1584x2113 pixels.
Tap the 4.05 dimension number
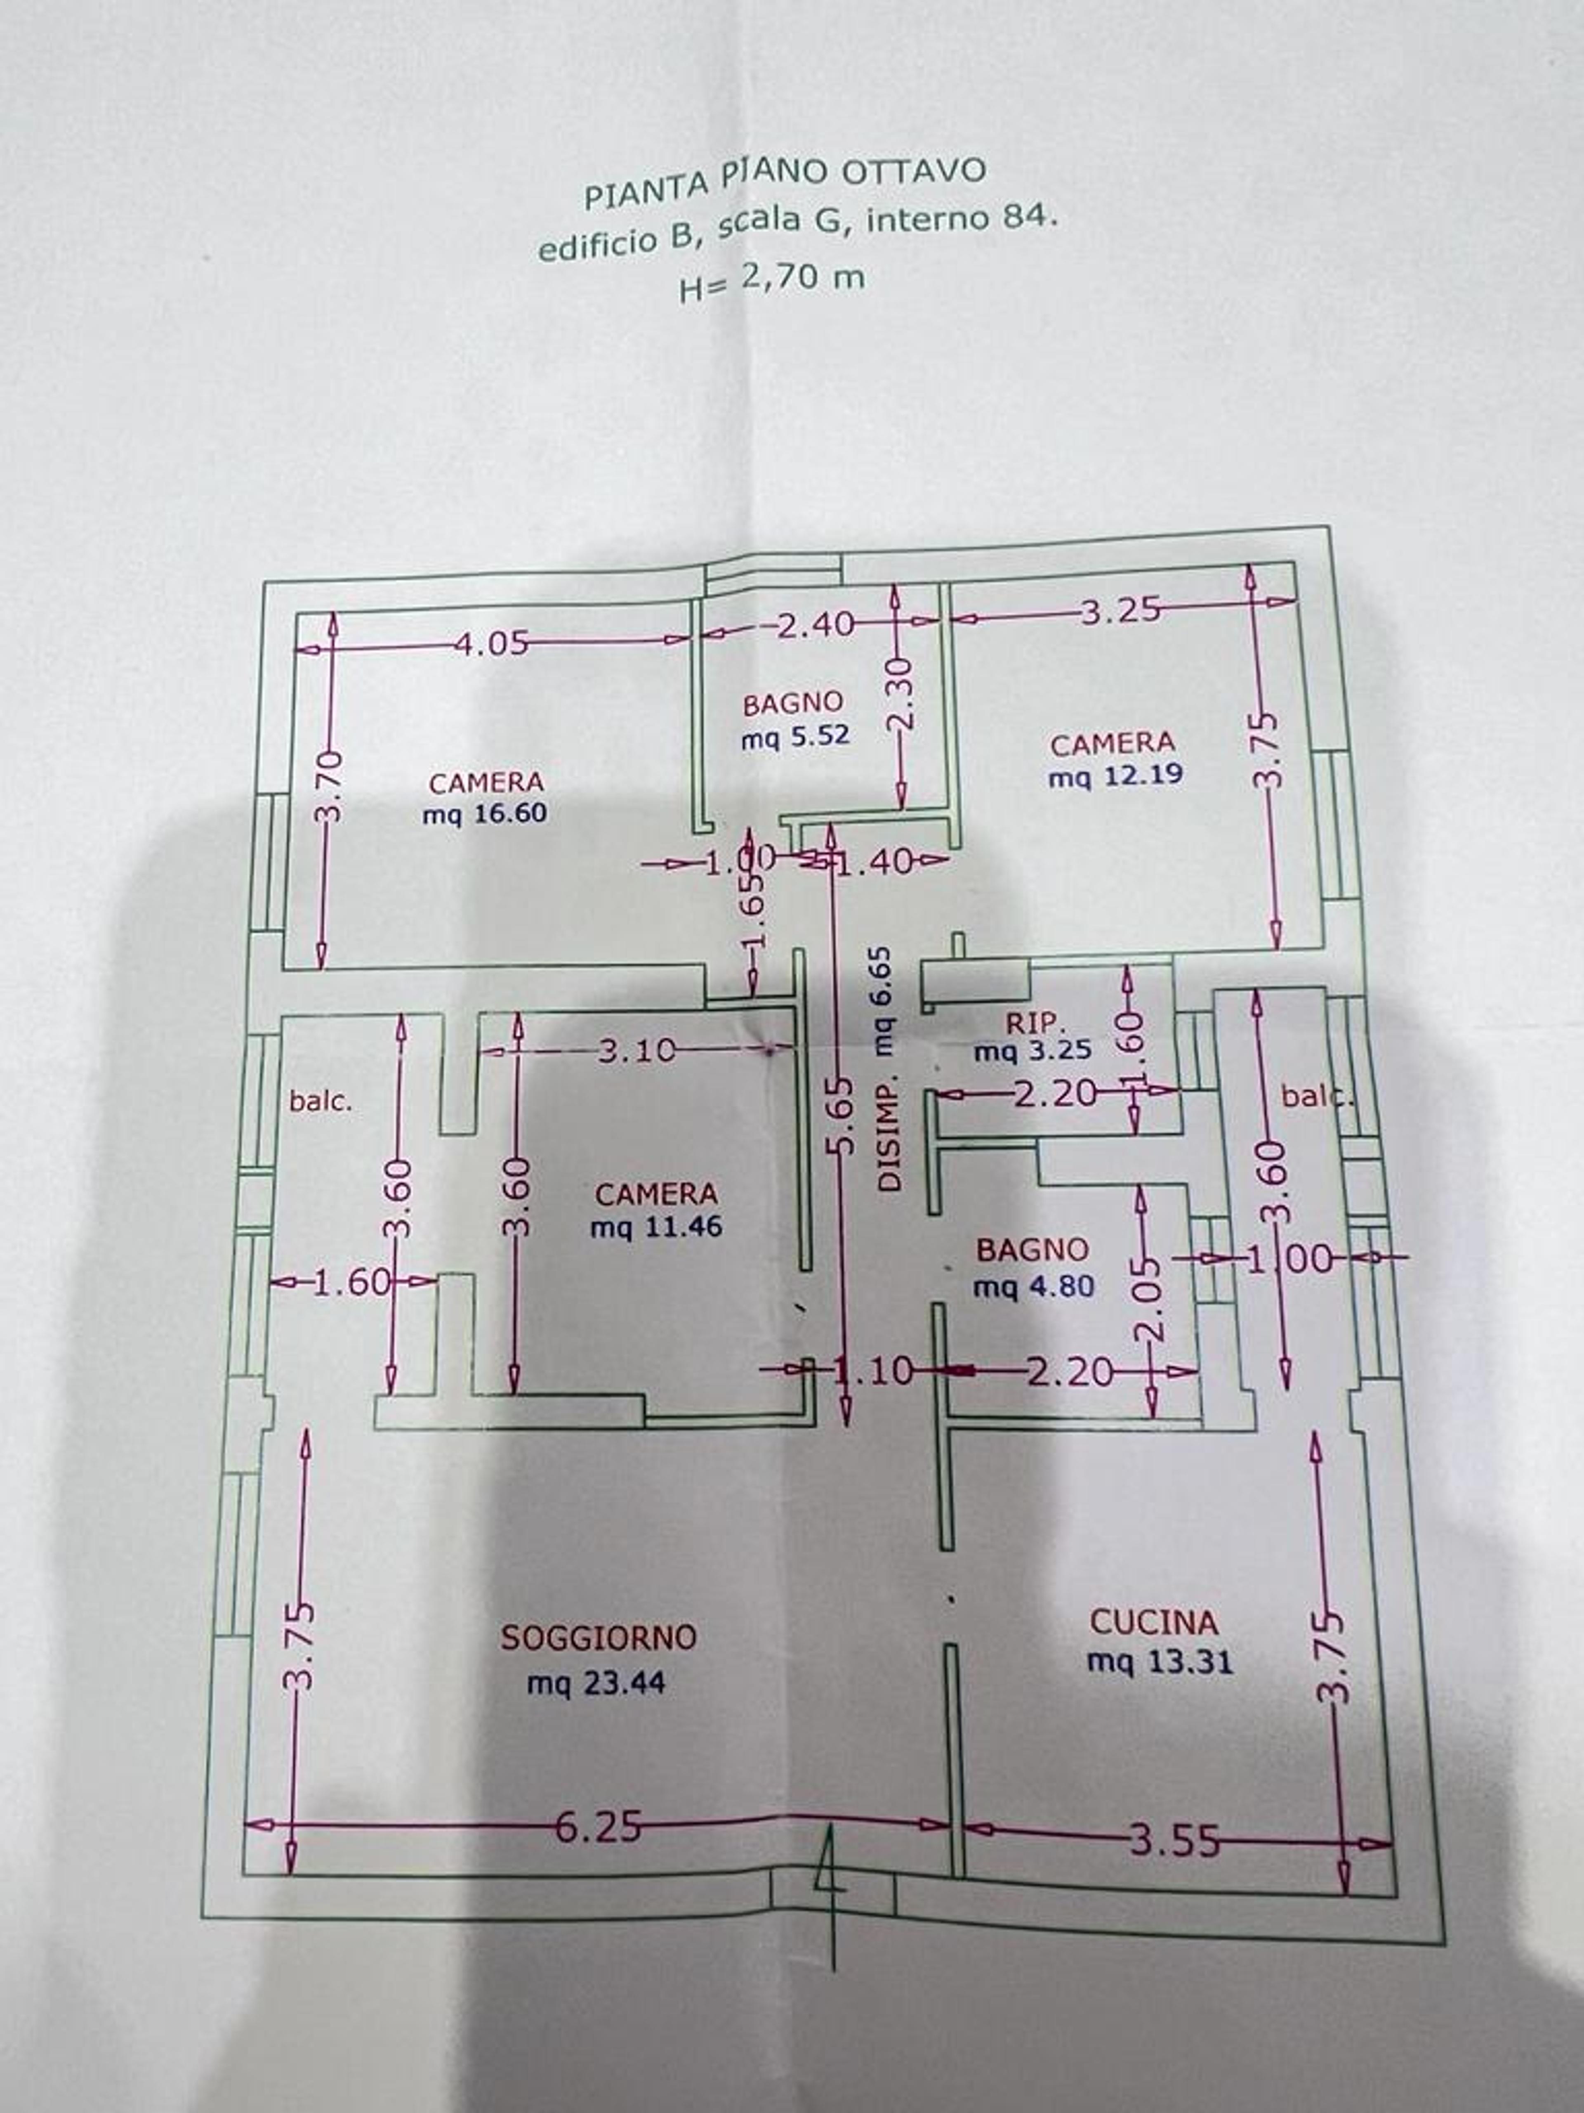[491, 643]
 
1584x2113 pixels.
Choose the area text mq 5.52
[795, 737]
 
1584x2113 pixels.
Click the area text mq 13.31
[1159, 1662]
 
